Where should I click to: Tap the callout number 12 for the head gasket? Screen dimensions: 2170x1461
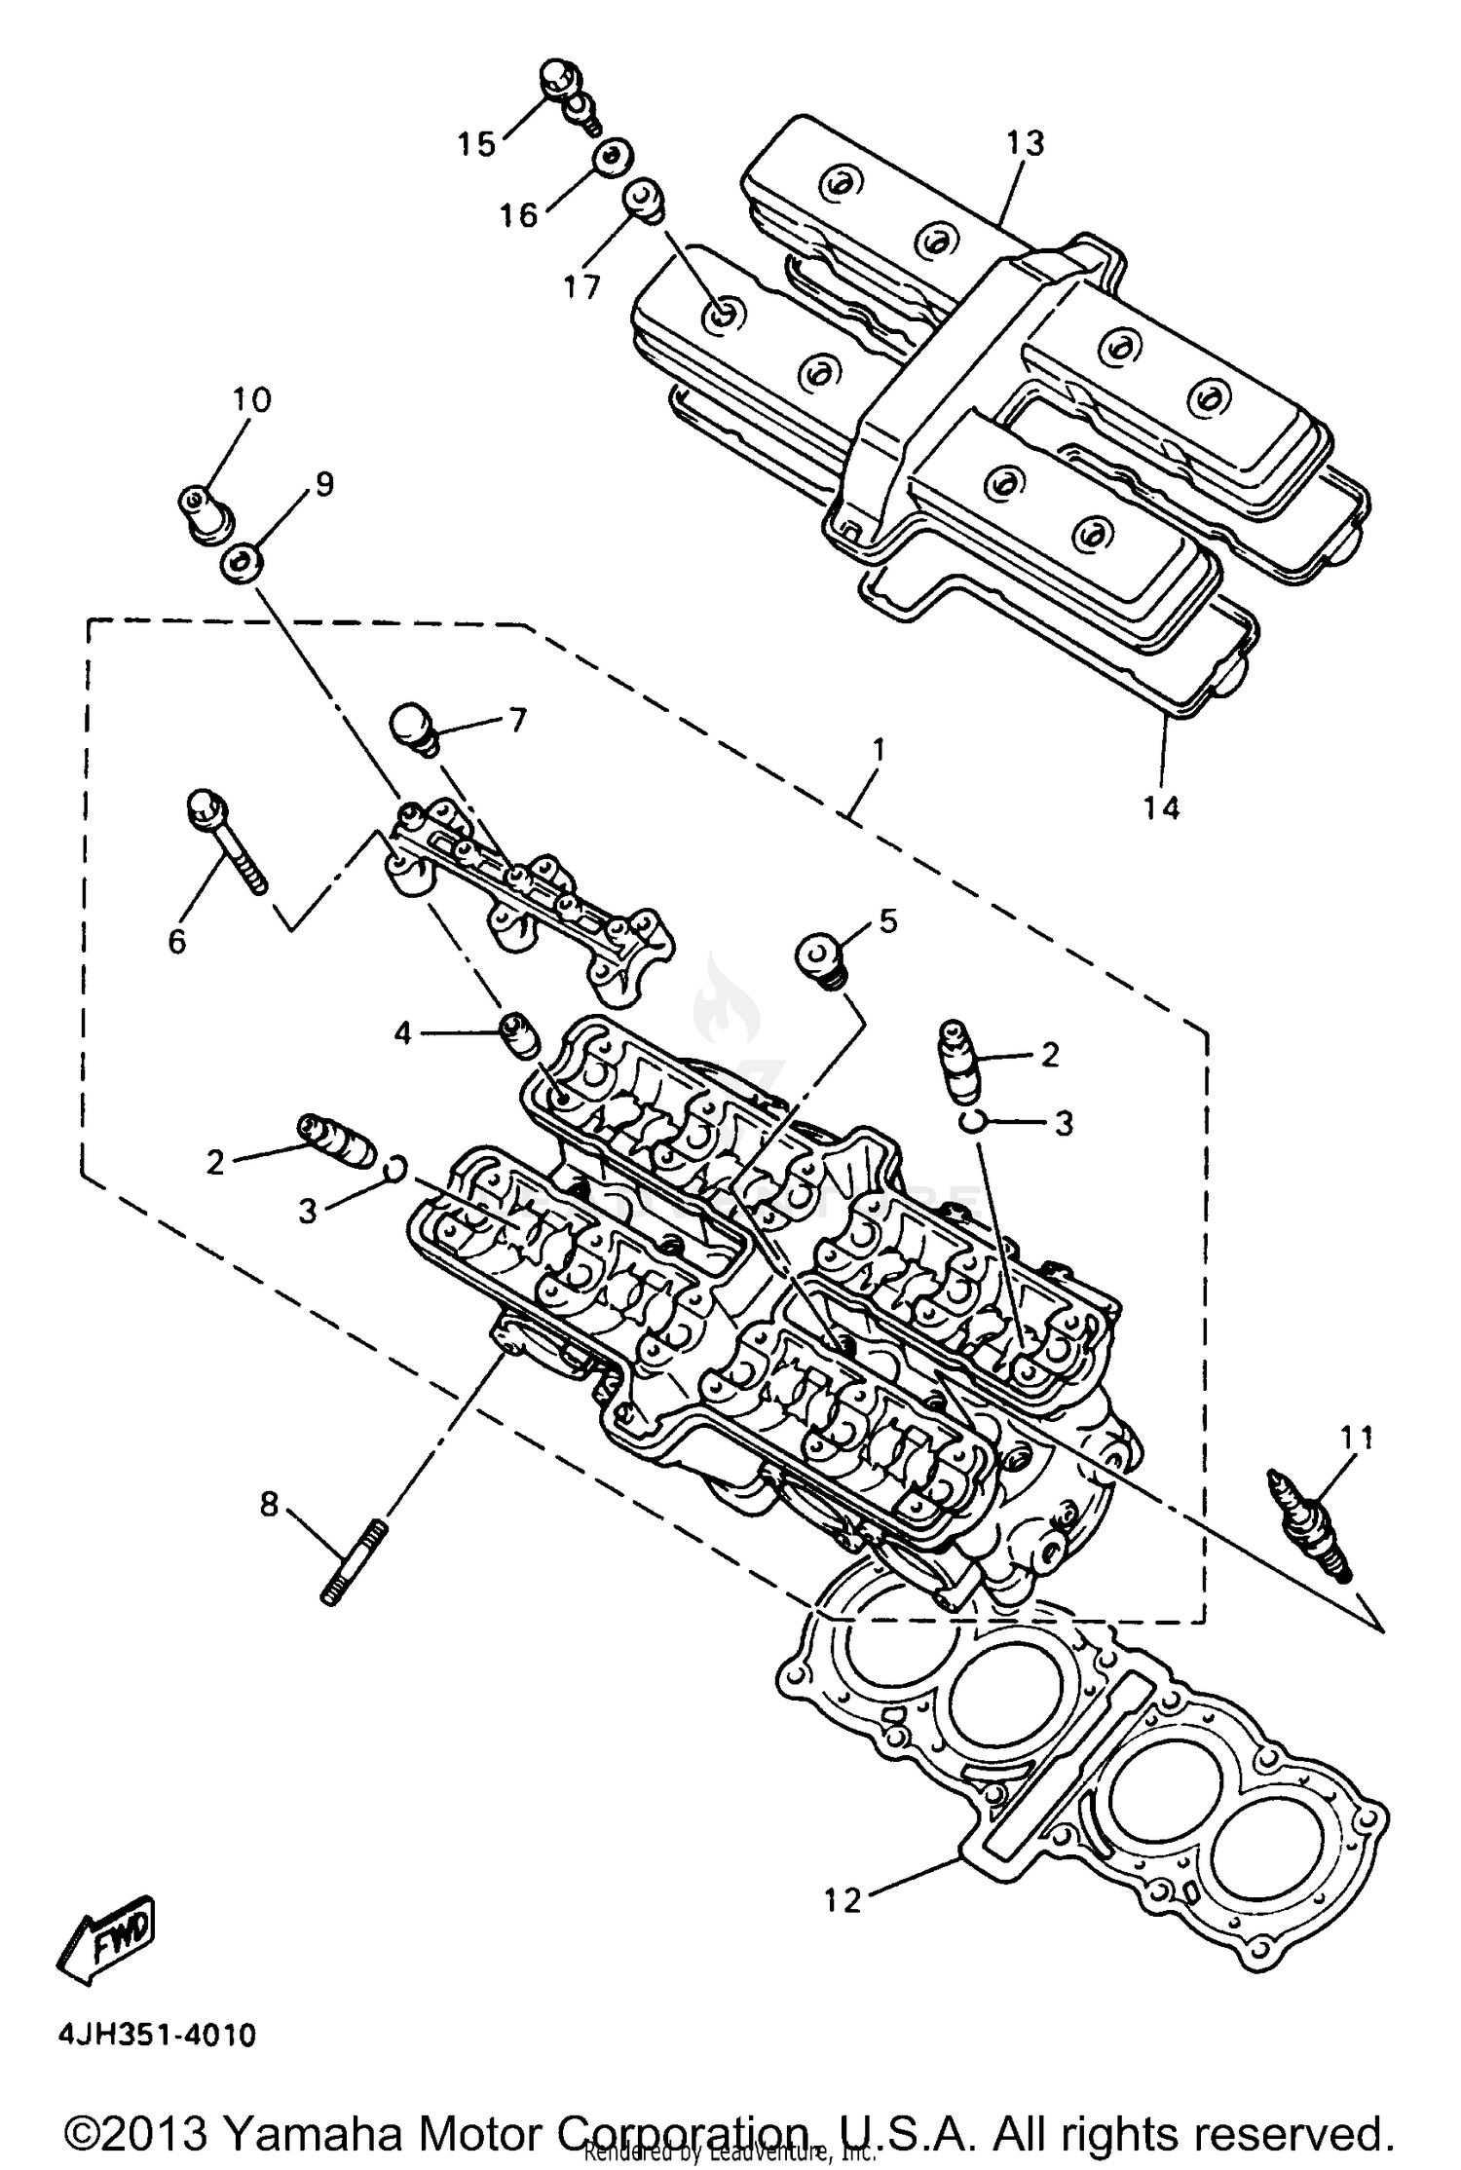click(x=843, y=1899)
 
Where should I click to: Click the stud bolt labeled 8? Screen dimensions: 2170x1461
click(x=352, y=1568)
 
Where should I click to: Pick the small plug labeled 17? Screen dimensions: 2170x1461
click(x=643, y=198)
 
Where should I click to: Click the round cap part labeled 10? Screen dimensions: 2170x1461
click(x=206, y=512)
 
